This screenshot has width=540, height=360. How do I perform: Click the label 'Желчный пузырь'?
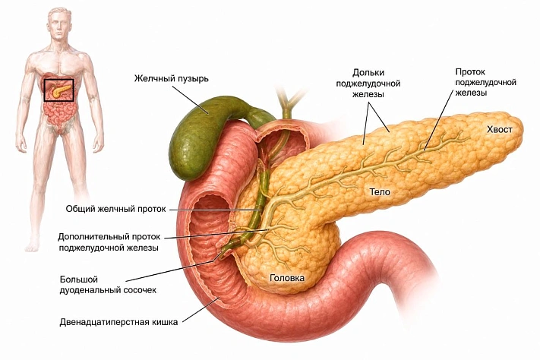[171, 79]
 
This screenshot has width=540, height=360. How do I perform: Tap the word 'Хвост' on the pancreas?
[499, 130]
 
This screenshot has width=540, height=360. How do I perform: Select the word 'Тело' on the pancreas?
[380, 191]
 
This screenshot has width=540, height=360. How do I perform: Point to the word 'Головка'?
[287, 278]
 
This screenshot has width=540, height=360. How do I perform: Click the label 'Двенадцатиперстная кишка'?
[118, 322]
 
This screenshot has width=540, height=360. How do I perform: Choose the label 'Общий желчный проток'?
[115, 209]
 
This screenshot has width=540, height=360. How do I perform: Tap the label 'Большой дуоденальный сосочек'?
[108, 285]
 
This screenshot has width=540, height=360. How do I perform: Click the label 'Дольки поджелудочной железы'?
[368, 84]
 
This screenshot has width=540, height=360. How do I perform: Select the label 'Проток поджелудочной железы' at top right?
[485, 82]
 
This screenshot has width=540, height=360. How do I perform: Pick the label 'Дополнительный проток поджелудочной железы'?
[109, 242]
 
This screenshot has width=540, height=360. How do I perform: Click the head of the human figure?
[59, 24]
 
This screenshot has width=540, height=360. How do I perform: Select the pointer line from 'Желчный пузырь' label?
[190, 99]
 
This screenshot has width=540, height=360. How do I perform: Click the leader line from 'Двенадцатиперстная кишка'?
[201, 310]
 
